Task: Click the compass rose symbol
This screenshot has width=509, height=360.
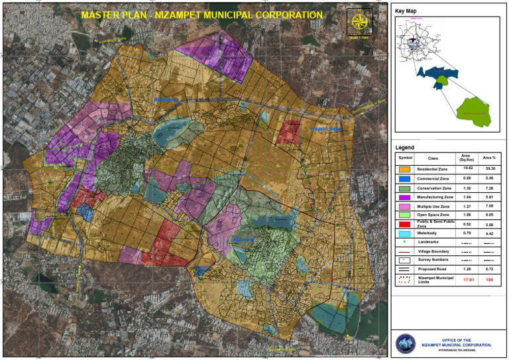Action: (x=360, y=23)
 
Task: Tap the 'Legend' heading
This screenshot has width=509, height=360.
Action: (x=404, y=147)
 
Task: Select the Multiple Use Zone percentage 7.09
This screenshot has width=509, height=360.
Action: (x=489, y=206)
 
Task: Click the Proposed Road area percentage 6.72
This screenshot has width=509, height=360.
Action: (x=489, y=270)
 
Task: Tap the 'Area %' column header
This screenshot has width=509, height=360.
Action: (x=489, y=158)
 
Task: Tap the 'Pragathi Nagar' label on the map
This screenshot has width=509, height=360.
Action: (x=326, y=129)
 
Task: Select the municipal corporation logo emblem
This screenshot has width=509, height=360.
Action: (x=404, y=343)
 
